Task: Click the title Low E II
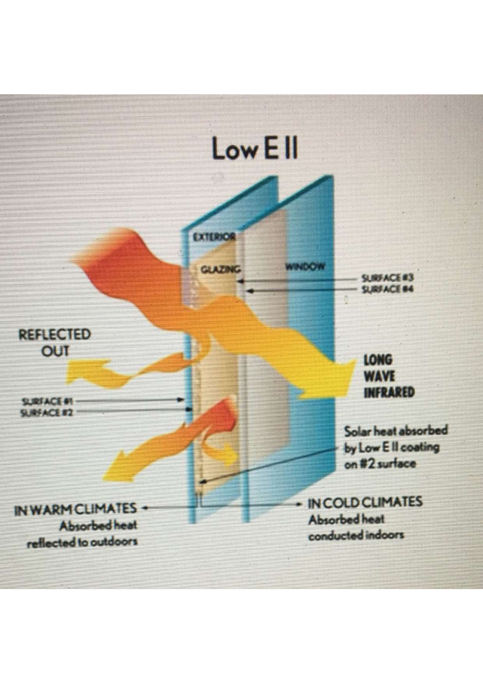pos(255,148)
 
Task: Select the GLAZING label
pos(221,269)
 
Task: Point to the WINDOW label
pos(304,266)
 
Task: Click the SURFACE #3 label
pos(387,278)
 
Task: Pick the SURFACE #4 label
pos(387,289)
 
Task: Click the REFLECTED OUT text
pos(55,343)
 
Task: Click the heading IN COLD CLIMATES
pos(365,502)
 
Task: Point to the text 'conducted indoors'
pos(356,535)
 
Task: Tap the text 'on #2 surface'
pos(380,464)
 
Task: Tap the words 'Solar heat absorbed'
pos(396,431)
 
